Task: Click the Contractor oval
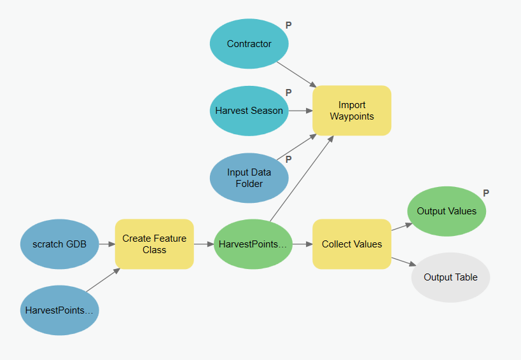[249, 44]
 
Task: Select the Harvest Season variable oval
[249, 111]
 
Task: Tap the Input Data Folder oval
[249, 177]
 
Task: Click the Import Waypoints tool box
[352, 111]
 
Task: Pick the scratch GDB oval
[59, 244]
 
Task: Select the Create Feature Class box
[155, 244]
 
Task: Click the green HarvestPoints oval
[253, 244]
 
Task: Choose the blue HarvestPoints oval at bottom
[59, 310]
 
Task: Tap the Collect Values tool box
[352, 244]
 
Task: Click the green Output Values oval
[447, 211]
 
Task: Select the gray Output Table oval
[450, 277]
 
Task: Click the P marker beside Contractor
[288, 25]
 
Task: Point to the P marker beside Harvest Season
[288, 93]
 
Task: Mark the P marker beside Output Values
[486, 193]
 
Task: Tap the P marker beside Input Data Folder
[288, 159]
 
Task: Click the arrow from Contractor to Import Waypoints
[296, 73]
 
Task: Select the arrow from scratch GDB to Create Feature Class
[107, 244]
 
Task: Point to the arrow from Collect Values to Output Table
[405, 263]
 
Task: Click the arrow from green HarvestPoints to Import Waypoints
[302, 179]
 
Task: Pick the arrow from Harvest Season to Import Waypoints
[300, 111]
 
